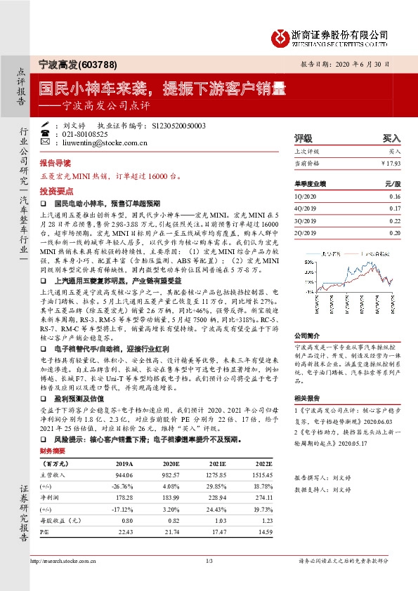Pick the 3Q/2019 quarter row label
(306, 220)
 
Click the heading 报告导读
(55, 161)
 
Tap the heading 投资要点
(55, 190)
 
